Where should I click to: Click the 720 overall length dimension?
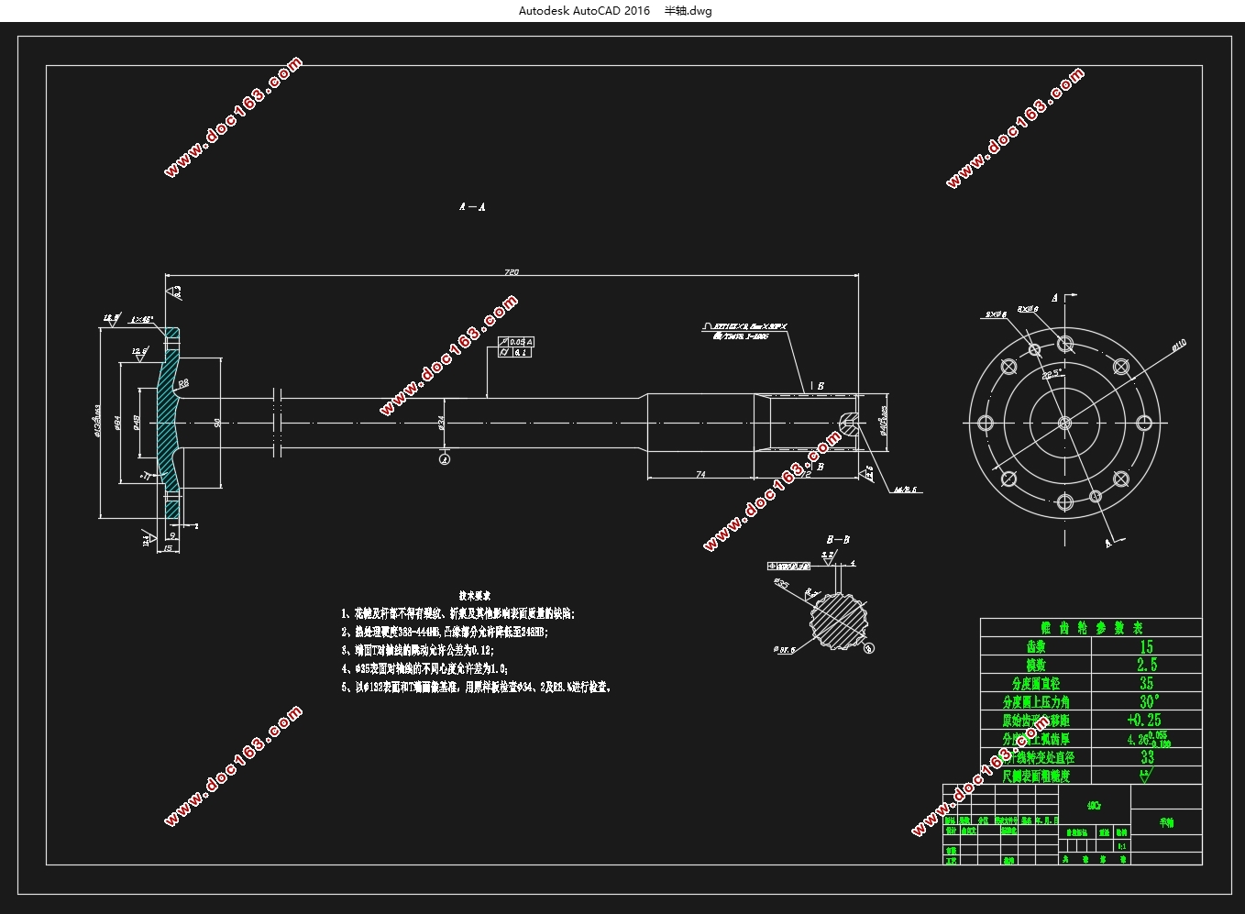pos(512,271)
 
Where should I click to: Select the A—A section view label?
pos(472,207)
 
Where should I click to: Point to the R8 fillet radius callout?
pos(183,383)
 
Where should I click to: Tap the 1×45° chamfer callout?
pos(141,320)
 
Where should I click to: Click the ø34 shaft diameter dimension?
pos(440,421)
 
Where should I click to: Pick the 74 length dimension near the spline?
pos(700,474)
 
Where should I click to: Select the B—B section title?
pos(838,540)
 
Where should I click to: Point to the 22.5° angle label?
pos(1052,374)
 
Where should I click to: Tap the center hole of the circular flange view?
pos(1064,423)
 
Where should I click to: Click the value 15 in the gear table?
pos(1146,646)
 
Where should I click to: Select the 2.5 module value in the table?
pos(1146,665)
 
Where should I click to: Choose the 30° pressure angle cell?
pos(1146,701)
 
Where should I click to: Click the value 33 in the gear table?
pos(1147,757)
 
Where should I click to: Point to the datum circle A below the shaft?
pos(445,458)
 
